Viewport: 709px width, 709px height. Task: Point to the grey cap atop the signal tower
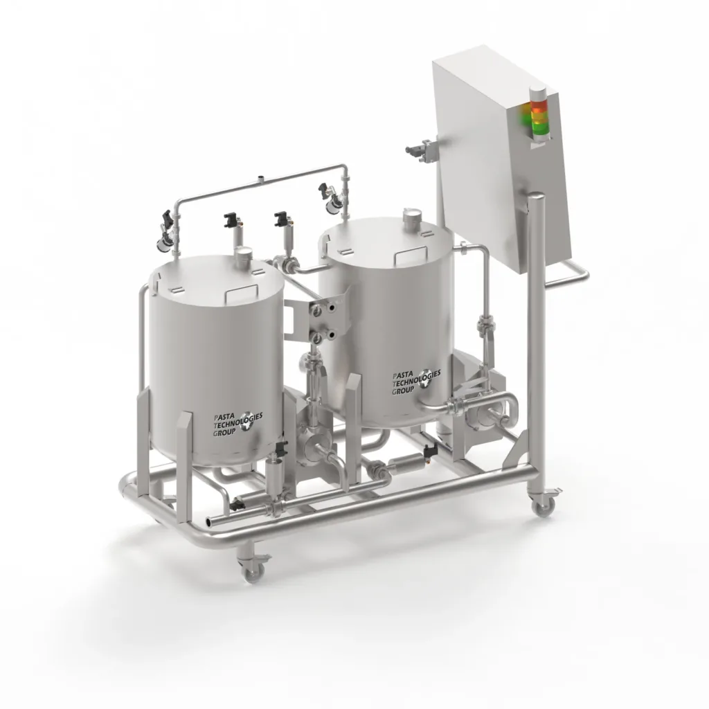click(538, 92)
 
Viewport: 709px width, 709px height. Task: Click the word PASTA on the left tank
click(223, 418)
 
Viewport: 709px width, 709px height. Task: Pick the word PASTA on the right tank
click(402, 376)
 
